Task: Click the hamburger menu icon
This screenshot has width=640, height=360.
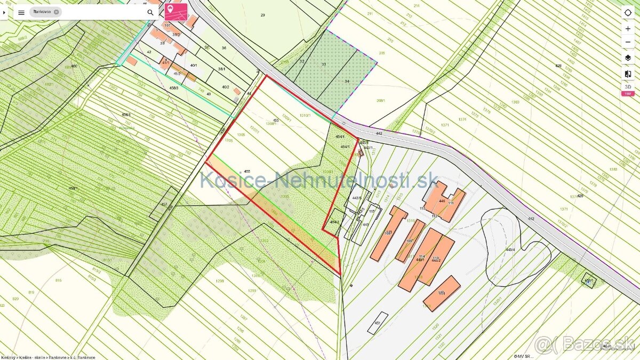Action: [21, 12]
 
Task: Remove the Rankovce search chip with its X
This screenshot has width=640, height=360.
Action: [56, 12]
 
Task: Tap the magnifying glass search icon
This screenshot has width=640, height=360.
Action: [150, 12]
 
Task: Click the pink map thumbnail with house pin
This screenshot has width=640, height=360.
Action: [176, 12]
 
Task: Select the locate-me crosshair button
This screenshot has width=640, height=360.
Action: [628, 12]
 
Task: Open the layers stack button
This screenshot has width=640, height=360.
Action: [628, 58]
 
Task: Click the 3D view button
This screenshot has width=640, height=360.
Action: [628, 86]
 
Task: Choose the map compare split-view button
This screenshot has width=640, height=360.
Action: [628, 74]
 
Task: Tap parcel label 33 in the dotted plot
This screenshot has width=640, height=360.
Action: [323, 65]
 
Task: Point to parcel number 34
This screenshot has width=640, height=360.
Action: [347, 81]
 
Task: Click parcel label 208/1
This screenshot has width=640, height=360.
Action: [380, 100]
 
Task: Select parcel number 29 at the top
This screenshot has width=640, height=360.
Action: [262, 15]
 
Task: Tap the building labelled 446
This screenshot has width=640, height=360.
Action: [442, 201]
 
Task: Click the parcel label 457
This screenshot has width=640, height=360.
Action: [164, 205]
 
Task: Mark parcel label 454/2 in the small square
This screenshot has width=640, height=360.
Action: [334, 222]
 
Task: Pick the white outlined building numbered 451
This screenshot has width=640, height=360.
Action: [377, 323]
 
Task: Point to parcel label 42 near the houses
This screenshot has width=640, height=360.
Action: [149, 52]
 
